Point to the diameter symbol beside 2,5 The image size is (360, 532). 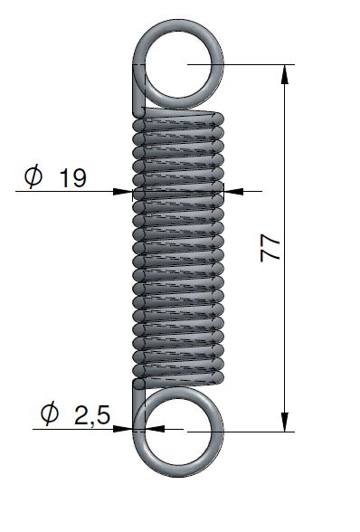click(51, 414)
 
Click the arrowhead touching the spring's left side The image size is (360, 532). click(126, 191)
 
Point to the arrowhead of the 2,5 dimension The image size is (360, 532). click(128, 430)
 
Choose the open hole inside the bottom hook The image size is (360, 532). click(182, 431)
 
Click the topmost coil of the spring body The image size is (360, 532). click(181, 117)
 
